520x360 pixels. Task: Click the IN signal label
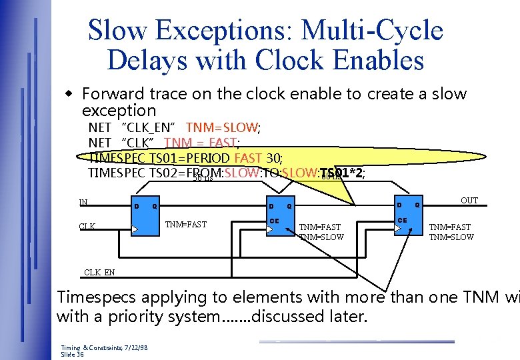point(83,202)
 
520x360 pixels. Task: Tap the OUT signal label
point(469,201)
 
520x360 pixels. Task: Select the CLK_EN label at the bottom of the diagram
point(99,272)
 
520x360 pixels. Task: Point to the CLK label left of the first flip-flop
point(87,227)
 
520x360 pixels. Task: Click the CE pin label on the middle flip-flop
point(273,221)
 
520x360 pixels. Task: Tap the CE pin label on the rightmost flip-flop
point(402,219)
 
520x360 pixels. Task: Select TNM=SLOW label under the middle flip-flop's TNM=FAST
point(321,237)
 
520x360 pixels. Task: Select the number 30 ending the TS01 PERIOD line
point(273,158)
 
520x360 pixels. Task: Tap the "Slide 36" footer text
point(73,355)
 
